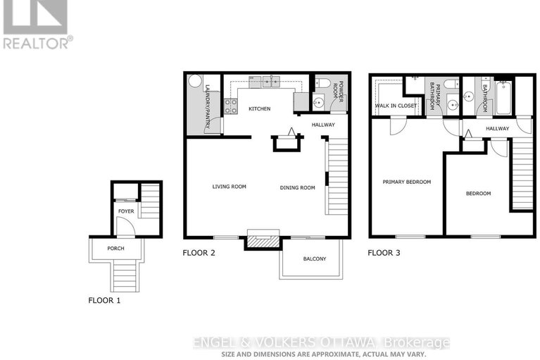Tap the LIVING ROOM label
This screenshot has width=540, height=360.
click(x=230, y=187)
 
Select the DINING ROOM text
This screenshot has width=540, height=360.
click(x=298, y=187)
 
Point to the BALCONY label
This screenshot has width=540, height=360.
click(x=315, y=259)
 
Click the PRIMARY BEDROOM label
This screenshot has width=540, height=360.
click(x=406, y=182)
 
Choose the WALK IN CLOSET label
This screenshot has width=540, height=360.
click(x=395, y=106)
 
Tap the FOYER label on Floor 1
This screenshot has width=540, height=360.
click(x=125, y=211)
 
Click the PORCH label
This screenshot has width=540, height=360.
click(x=116, y=248)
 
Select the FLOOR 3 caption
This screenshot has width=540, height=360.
click(x=385, y=252)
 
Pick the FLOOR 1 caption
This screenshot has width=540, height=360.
click(x=104, y=299)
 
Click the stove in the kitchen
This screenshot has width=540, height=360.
click(x=230, y=106)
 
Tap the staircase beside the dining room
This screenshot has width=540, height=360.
click(x=337, y=176)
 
